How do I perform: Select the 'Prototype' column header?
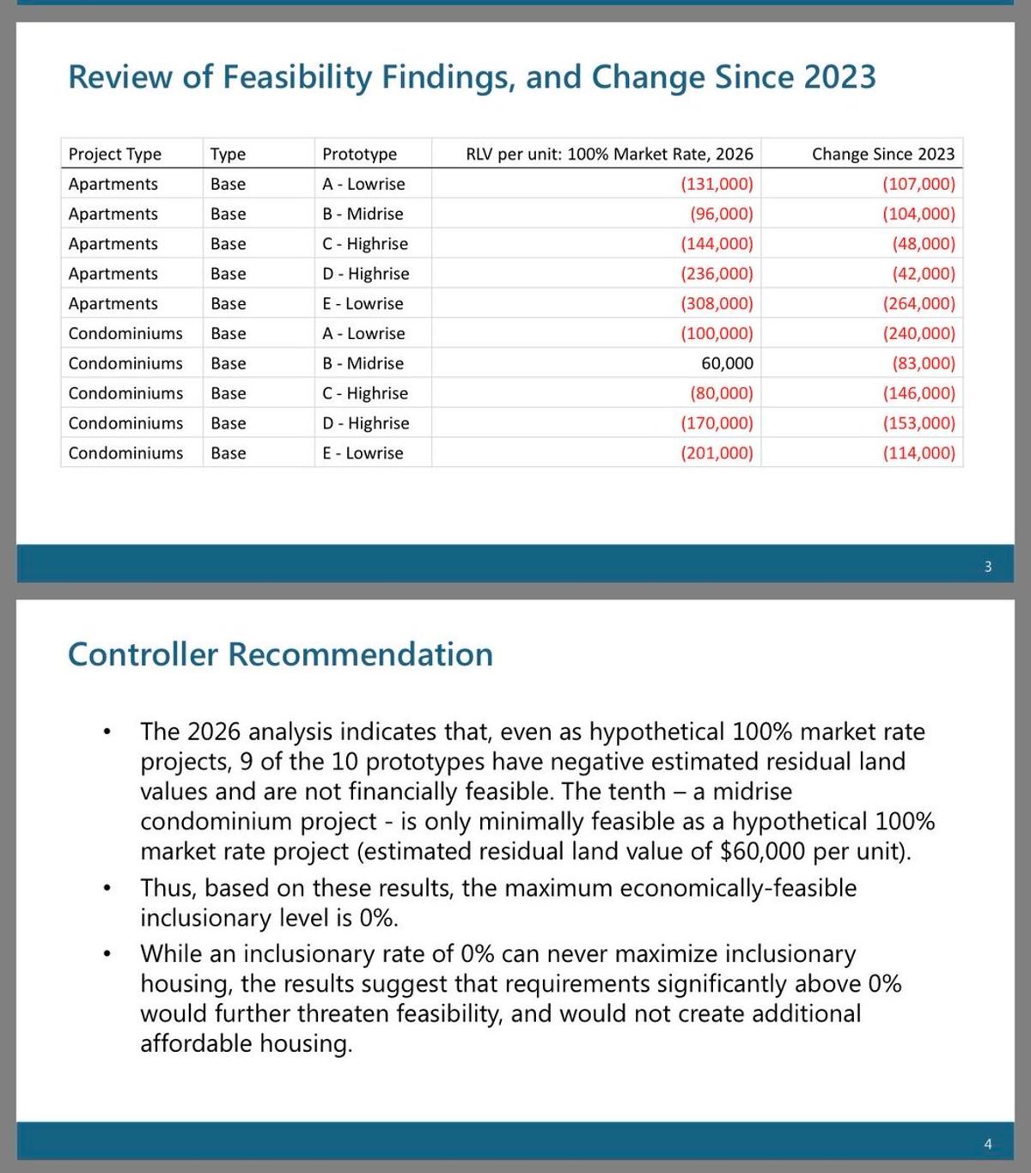point(359,154)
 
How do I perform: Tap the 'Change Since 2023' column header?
point(882,154)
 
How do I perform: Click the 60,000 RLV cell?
point(727,363)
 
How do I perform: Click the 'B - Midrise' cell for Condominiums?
point(363,363)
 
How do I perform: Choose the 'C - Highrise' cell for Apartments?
point(365,244)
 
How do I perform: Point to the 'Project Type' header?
point(114,154)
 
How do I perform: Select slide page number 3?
point(987,567)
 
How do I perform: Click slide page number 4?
point(987,1144)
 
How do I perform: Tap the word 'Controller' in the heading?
point(143,654)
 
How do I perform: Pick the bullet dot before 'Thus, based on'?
point(107,888)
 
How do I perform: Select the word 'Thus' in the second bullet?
point(168,888)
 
